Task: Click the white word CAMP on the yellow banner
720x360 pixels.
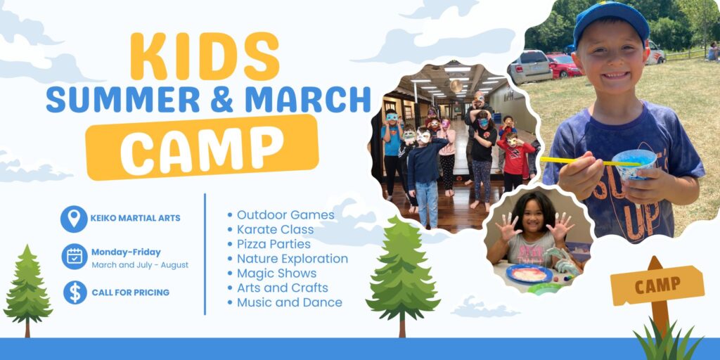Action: (202, 148)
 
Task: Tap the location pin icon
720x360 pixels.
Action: (74, 219)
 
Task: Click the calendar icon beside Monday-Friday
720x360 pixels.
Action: (75, 256)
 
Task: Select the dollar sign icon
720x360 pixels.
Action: (75, 292)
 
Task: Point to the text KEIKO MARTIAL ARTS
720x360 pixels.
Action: (135, 218)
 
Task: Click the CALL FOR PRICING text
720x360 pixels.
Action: (130, 292)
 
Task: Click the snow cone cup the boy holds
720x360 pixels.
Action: (634, 165)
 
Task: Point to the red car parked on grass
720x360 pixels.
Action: (564, 65)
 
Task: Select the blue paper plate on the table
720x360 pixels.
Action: (529, 274)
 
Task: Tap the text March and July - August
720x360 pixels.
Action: (140, 265)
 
